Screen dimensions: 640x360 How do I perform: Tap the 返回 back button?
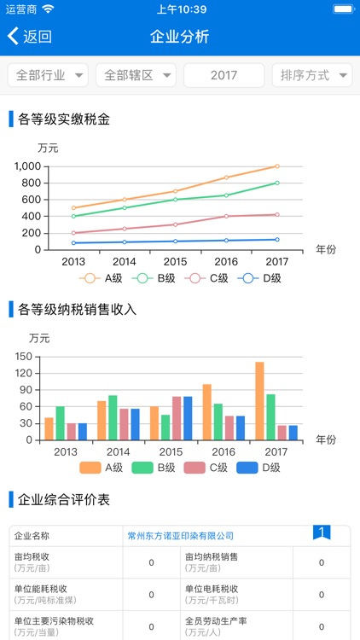(x=30, y=37)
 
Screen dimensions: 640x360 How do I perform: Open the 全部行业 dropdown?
(x=48, y=75)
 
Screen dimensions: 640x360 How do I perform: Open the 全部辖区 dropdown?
(x=136, y=75)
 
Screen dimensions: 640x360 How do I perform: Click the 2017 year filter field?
(x=224, y=75)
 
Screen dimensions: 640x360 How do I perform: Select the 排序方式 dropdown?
(x=312, y=75)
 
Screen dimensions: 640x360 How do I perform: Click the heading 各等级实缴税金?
(x=64, y=119)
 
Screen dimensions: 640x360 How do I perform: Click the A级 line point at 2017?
(x=277, y=166)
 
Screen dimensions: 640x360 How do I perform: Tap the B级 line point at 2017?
(x=277, y=183)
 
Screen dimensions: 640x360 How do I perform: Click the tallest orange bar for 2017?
(x=259, y=401)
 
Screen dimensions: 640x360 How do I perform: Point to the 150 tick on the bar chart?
(x=24, y=357)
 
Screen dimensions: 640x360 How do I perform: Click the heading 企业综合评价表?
(x=64, y=499)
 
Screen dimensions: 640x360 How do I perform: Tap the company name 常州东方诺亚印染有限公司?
(x=180, y=535)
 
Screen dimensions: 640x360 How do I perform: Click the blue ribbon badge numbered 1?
(x=321, y=533)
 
